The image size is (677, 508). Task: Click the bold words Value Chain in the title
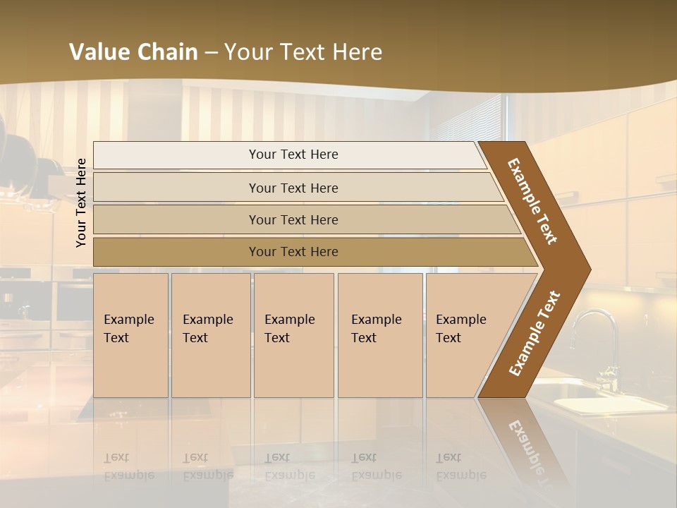tap(133, 52)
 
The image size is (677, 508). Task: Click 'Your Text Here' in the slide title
tap(303, 52)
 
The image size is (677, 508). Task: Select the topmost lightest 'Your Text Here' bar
tap(293, 155)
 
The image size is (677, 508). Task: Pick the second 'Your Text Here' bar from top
tap(293, 188)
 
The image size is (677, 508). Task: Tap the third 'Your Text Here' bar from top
tap(293, 219)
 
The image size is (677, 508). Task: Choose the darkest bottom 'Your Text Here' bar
tap(293, 252)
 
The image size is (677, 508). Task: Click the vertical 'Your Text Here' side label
tap(82, 202)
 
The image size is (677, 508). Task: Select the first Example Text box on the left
tap(130, 334)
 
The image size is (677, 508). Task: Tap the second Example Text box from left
tap(210, 334)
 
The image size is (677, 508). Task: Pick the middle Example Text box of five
tap(293, 334)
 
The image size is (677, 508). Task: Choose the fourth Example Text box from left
tap(379, 334)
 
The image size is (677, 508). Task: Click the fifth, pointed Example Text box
tap(465, 334)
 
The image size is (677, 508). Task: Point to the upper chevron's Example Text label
tap(532, 200)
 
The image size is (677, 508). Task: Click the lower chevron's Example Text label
tap(534, 334)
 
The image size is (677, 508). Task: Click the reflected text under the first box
tap(129, 466)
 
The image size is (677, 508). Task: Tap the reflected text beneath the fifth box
tap(461, 466)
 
